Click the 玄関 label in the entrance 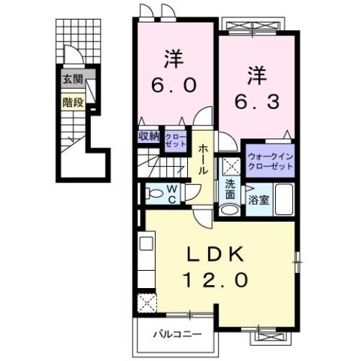pos(73,78)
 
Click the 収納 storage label pos(149,136)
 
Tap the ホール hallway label pos(204,160)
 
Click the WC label pos(171,194)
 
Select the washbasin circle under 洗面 pos(230,208)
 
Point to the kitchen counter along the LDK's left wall pos(146,259)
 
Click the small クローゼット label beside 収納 pos(174,138)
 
